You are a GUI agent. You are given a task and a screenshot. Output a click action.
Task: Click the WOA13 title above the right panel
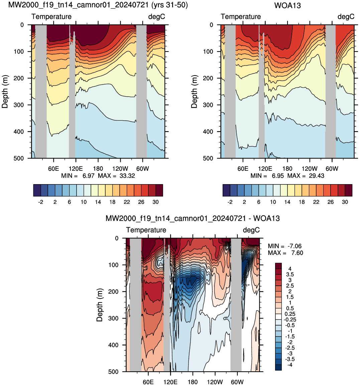(x=287, y=5)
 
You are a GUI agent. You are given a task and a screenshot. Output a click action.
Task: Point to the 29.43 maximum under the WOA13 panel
(x=317, y=176)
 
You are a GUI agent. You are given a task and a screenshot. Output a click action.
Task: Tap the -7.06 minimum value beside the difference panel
(x=294, y=246)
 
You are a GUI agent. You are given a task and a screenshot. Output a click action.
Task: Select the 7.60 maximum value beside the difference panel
(x=297, y=253)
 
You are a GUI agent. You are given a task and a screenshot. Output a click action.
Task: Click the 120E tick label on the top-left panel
(x=76, y=169)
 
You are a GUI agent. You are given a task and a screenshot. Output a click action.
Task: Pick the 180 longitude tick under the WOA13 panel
(x=287, y=169)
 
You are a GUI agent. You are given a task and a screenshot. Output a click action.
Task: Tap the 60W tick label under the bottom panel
(x=237, y=382)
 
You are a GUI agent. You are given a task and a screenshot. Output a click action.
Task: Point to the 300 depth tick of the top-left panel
(x=19, y=105)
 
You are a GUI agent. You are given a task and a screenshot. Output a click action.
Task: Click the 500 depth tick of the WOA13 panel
(x=208, y=158)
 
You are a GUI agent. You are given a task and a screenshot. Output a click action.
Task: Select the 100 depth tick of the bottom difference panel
(x=114, y=265)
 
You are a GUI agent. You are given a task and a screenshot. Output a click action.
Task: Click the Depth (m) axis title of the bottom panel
(x=100, y=305)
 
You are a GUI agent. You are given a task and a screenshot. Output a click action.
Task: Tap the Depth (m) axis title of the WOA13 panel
(x=194, y=92)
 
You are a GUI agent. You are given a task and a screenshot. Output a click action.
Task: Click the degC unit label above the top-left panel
(x=157, y=16)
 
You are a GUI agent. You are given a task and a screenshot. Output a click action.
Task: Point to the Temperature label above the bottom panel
(x=146, y=230)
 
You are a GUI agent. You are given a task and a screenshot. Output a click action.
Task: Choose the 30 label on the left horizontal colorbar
(x=155, y=202)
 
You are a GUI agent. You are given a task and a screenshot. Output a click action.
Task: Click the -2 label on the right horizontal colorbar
(x=230, y=202)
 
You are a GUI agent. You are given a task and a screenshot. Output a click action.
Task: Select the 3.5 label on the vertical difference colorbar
(x=290, y=274)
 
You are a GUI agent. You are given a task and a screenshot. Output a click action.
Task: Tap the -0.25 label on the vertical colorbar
(x=290, y=319)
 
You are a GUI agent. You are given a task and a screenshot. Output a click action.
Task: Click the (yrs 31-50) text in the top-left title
(x=169, y=5)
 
